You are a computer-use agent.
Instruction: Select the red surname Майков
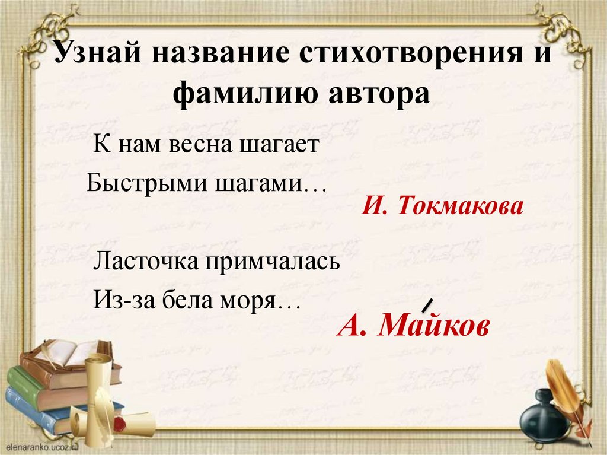click(435, 326)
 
